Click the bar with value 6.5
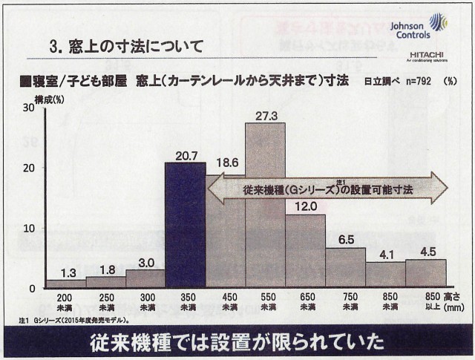point(345,267)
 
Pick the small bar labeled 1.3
point(65,284)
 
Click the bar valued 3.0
point(145,278)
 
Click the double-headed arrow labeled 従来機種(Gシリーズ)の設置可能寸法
point(327,189)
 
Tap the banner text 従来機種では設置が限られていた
point(237,343)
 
